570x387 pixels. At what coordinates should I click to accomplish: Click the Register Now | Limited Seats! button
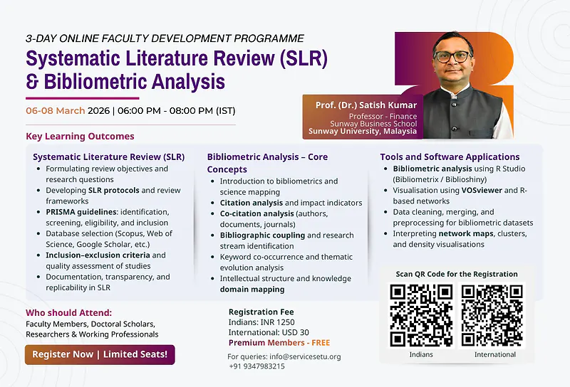[100, 354]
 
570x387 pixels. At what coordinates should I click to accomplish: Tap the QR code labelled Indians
[421, 316]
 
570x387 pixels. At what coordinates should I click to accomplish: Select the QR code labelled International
[494, 316]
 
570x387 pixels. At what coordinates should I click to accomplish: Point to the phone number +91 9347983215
[256, 366]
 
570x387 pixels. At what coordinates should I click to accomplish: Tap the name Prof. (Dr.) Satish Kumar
[366, 105]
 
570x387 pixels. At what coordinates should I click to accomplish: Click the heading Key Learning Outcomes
[80, 136]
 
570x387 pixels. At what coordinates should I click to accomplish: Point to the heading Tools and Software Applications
[450, 157]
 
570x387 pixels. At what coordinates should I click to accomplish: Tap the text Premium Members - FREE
[279, 343]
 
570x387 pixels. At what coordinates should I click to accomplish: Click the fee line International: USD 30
[269, 332]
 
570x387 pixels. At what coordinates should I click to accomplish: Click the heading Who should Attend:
[68, 312]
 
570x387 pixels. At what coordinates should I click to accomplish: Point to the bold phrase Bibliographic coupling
[262, 235]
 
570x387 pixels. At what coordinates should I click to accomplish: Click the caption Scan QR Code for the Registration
[457, 274]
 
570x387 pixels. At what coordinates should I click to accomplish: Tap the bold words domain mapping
[252, 290]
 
